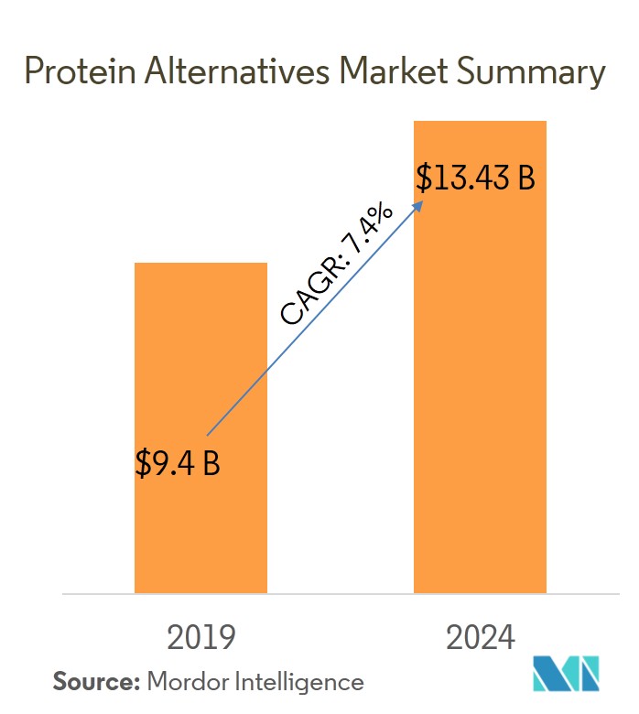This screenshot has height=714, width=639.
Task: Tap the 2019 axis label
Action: pos(200,636)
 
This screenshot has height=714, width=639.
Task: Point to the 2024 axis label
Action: pos(480,636)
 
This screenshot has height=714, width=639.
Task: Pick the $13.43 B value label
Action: pos(475,177)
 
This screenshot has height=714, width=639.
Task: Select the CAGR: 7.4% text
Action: pos(337,265)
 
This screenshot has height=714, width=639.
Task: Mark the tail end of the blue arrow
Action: pos(209,434)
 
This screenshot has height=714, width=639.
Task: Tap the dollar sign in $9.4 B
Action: pos(143,463)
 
